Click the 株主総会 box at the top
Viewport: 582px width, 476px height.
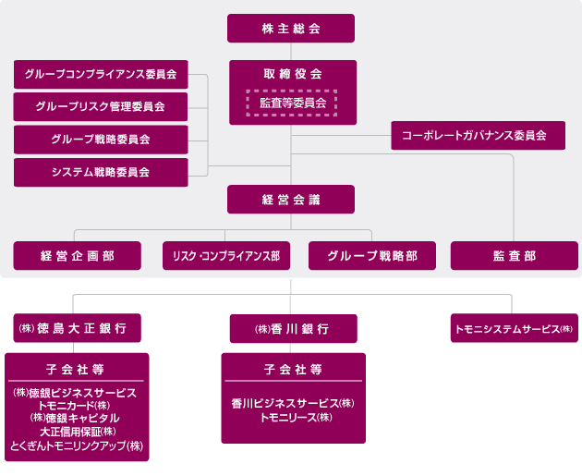[291, 28]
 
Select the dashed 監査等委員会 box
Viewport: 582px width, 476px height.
[292, 103]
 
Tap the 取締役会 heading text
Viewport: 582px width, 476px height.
[291, 73]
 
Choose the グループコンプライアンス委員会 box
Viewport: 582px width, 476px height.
[101, 73]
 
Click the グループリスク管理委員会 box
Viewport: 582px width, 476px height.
[101, 106]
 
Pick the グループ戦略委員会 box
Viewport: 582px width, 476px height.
[101, 140]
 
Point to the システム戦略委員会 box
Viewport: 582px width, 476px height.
[101, 172]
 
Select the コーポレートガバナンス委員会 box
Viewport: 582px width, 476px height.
[474, 135]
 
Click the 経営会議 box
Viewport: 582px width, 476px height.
[291, 200]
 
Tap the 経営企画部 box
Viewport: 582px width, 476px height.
[78, 255]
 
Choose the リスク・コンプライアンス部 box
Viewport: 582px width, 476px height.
[226, 255]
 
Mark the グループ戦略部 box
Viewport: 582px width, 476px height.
[372, 255]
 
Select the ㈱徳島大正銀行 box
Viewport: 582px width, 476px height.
[78, 328]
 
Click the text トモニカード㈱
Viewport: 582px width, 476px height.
[77, 405]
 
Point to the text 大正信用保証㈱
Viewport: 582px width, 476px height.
[77, 431]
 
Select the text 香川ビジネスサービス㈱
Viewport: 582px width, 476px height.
[293, 404]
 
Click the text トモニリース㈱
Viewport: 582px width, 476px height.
[293, 418]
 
